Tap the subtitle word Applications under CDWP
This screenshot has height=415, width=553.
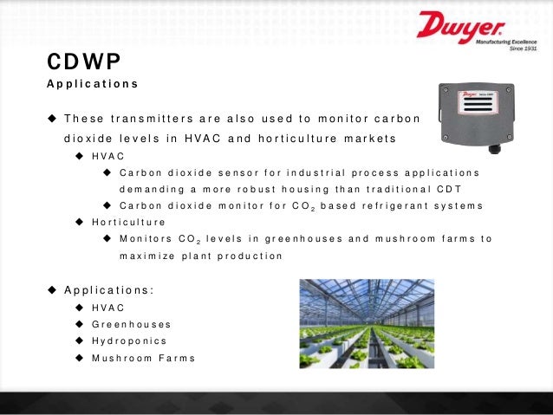[x=92, y=85]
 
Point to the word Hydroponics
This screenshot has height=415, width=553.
[x=129, y=340]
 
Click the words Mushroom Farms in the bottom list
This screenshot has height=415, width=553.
[x=143, y=358]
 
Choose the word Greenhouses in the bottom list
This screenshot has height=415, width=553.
[x=131, y=324]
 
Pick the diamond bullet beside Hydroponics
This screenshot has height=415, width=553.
[x=79, y=340]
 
